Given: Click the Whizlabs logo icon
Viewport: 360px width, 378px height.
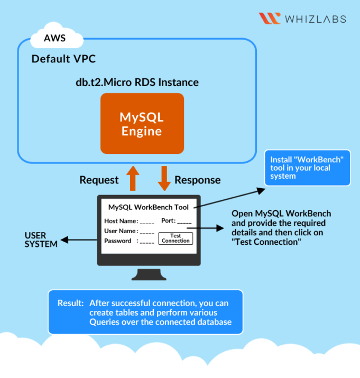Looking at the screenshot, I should [270, 19].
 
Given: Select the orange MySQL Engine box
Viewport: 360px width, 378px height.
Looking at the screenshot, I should [142, 123].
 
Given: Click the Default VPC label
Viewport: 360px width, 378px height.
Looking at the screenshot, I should [63, 59].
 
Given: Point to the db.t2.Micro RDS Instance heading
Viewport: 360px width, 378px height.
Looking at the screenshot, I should [137, 82].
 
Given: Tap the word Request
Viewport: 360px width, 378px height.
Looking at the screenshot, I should [99, 180].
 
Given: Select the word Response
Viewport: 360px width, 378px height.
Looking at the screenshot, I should [197, 180].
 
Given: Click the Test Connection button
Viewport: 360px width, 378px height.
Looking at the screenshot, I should [176, 238].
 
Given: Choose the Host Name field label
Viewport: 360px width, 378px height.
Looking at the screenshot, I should [121, 221].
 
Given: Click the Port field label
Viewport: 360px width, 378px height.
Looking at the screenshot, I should [168, 221].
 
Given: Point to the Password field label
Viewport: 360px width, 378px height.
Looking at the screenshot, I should [118, 241].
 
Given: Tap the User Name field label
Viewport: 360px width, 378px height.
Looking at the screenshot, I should [121, 231].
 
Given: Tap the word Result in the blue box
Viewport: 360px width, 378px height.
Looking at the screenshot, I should [70, 303].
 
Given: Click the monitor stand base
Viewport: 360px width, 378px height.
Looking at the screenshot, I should [149, 275].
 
